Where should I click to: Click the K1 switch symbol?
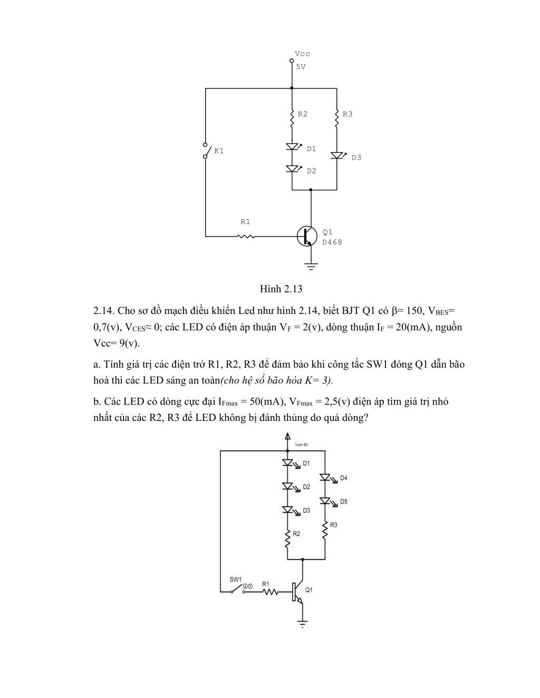click(x=206, y=151)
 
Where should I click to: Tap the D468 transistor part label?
click(x=332, y=242)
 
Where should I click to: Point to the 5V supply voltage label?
click(x=301, y=67)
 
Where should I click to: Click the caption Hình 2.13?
click(x=281, y=289)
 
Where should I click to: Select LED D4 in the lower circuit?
click(x=325, y=478)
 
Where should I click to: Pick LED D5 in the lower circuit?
click(x=325, y=501)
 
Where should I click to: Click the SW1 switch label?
click(x=235, y=579)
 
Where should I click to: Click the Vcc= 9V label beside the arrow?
click(x=302, y=445)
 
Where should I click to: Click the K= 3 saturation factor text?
click(x=317, y=380)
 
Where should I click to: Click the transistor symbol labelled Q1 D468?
click(x=307, y=236)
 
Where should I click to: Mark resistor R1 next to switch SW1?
click(x=270, y=592)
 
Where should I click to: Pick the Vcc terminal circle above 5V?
click(x=292, y=61)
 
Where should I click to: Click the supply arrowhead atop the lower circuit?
click(x=288, y=436)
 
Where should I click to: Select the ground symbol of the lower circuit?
click(x=303, y=624)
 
